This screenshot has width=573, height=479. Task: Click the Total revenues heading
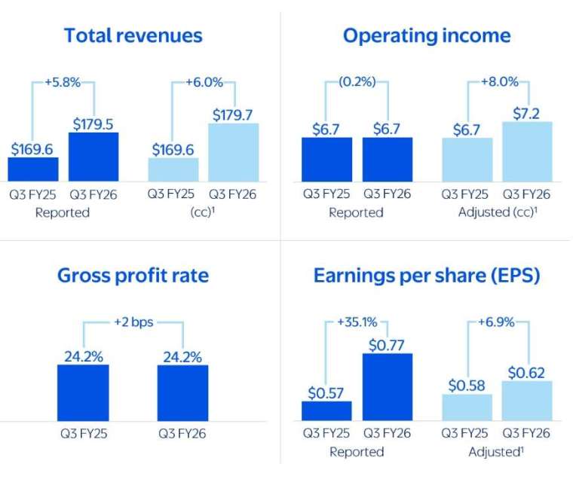point(133,35)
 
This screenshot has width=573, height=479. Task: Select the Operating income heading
point(426,35)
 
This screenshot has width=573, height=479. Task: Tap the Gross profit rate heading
point(133,275)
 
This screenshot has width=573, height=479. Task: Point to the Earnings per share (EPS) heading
point(427,275)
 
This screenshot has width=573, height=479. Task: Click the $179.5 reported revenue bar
point(93,157)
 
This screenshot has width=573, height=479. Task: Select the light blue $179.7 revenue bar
point(234,152)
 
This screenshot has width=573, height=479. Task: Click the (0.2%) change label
point(357,81)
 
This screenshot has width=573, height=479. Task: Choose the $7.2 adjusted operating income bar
point(527,151)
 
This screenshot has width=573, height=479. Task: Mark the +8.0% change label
point(498,81)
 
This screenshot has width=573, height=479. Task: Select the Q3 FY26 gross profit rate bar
point(182,392)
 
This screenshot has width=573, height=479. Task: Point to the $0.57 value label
point(326,392)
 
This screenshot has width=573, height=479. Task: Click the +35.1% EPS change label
point(357,323)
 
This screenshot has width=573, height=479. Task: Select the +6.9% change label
point(496,323)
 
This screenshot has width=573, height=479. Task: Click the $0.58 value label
point(467,385)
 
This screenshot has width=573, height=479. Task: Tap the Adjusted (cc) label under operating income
point(498,212)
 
